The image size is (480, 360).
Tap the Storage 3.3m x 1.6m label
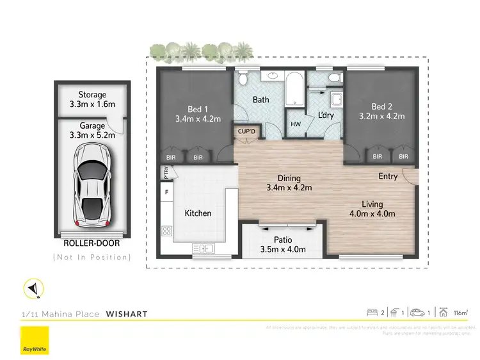pos(92,99)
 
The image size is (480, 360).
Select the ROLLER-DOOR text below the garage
pos(92,243)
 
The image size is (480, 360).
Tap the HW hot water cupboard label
pos(295,124)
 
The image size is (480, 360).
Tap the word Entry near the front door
pos(388,176)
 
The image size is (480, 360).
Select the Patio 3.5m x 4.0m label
pos(283,245)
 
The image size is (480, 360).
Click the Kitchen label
pos(198,213)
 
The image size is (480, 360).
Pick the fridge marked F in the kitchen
pos(167,192)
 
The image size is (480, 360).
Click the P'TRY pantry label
pos(165,172)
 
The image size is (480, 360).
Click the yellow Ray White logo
pos(35,340)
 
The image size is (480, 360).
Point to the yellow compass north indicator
pos(32,290)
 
